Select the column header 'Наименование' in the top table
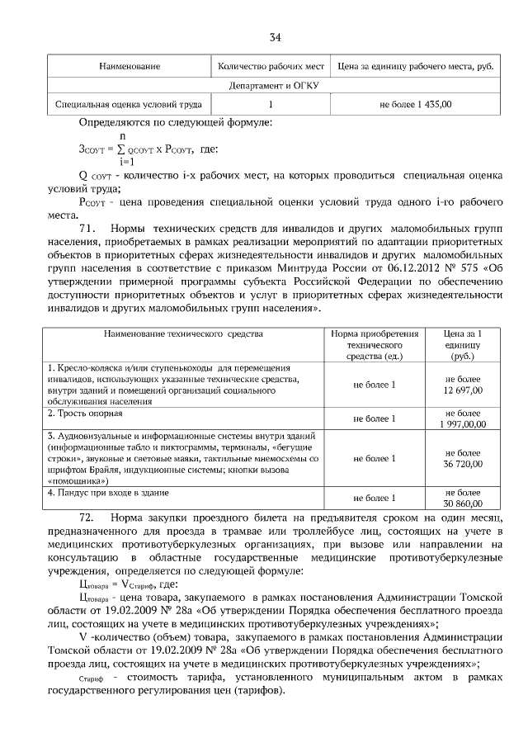130,65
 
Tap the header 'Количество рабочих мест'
271,65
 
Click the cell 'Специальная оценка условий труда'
129,105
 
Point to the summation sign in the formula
121,149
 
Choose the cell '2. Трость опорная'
86,412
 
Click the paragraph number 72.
88,516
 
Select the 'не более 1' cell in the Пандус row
374,498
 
